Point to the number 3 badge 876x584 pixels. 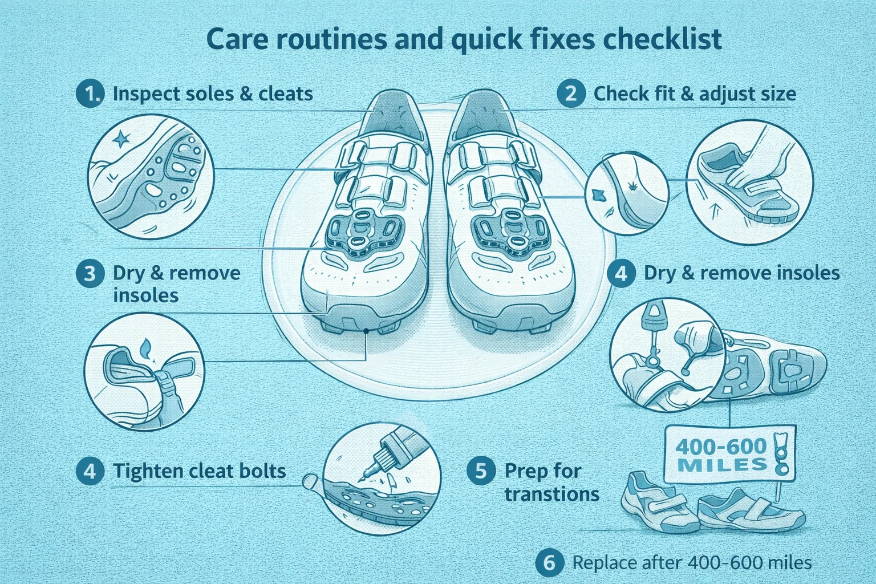click(90, 273)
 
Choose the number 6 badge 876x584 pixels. click(549, 563)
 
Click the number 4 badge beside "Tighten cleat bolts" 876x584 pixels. click(90, 471)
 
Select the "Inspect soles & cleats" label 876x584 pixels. click(213, 94)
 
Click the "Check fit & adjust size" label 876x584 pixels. click(695, 94)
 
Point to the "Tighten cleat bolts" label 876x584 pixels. click(199, 471)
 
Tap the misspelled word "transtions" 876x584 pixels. click(551, 494)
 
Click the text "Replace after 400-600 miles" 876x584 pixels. click(691, 563)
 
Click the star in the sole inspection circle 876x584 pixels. click(121, 139)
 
